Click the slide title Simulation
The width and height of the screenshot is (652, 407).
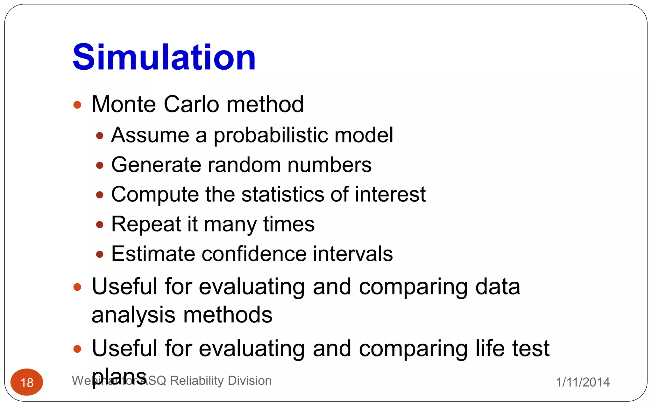(x=164, y=57)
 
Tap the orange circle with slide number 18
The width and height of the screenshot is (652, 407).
(x=27, y=382)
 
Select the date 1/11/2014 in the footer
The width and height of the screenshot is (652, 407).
(x=583, y=382)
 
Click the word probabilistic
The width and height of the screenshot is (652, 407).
(x=271, y=135)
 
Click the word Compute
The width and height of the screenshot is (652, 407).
(x=155, y=194)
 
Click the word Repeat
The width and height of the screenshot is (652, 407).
(x=146, y=224)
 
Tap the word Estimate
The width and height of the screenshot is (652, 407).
(x=153, y=254)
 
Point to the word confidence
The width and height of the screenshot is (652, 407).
(x=254, y=254)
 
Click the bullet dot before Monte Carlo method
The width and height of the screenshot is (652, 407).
(x=77, y=105)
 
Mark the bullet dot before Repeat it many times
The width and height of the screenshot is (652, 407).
(x=100, y=225)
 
